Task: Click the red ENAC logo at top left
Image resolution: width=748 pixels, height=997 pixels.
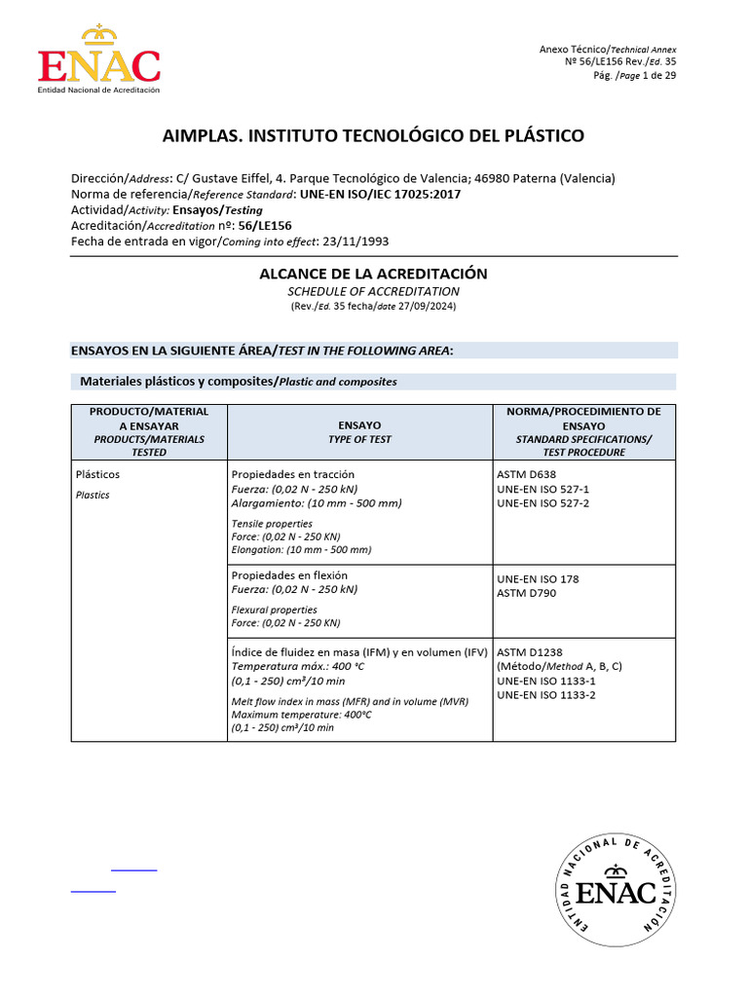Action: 98,60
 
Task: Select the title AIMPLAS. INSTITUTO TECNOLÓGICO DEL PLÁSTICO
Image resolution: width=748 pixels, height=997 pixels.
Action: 374,135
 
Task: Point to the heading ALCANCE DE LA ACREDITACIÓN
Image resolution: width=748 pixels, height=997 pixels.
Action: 373,274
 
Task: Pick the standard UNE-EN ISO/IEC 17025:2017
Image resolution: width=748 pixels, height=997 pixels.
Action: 381,194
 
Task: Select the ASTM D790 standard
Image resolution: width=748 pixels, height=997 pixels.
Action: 527,593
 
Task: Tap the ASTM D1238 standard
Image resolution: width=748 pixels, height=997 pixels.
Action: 530,651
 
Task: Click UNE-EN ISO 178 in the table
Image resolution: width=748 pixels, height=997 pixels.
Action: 538,578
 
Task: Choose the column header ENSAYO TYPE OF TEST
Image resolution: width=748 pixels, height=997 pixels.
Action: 359,432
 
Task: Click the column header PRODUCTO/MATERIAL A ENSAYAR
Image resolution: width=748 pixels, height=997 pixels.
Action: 149,419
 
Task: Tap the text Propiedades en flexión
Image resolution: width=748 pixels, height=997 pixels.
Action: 289,575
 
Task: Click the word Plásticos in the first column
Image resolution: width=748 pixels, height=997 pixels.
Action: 97,474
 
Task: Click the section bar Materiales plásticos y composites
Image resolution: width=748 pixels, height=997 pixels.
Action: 238,382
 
